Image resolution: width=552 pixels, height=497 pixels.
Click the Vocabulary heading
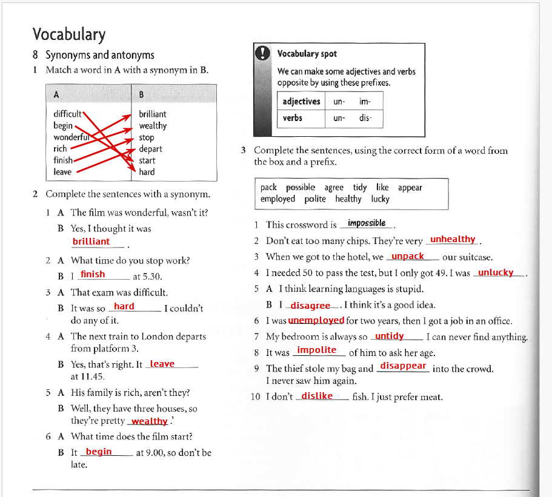69,35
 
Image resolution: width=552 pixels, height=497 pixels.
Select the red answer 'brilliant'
91,242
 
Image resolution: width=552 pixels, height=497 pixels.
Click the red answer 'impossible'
367,223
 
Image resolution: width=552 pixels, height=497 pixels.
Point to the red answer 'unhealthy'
453,240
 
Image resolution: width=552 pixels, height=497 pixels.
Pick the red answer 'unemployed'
316,320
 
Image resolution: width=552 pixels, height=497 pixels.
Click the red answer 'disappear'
403,366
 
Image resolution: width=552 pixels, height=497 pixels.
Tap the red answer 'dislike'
317,396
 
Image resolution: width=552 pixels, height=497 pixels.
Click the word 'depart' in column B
150,149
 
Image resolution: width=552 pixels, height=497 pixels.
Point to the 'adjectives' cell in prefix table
301,102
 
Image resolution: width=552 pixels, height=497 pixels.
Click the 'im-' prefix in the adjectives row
365,102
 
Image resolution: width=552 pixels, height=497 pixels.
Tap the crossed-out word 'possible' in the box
301,188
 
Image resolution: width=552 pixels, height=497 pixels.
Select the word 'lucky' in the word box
381,199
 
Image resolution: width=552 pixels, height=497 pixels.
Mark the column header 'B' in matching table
141,94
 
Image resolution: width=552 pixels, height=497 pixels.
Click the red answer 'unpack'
408,256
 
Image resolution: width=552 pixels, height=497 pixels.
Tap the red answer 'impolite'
316,350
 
